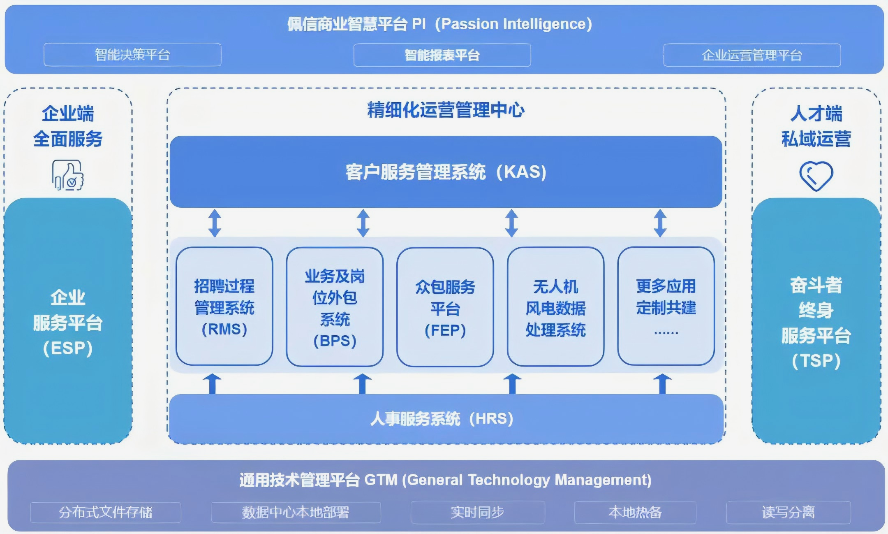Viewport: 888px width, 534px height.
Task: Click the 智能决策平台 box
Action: click(132, 55)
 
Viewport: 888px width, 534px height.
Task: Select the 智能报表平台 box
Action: click(442, 55)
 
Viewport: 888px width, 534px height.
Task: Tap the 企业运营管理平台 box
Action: click(752, 55)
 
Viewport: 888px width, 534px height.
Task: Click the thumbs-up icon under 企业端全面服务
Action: click(68, 175)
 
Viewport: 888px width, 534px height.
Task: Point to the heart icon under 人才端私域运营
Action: click(816, 176)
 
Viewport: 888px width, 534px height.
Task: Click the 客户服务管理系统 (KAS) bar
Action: click(446, 172)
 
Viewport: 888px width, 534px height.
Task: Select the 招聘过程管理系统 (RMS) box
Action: click(224, 306)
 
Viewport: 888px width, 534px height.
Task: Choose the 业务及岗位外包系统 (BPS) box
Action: click(335, 307)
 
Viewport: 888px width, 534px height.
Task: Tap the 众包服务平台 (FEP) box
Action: click(445, 307)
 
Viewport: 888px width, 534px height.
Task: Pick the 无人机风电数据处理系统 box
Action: click(556, 307)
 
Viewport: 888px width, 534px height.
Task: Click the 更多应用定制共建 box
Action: click(666, 306)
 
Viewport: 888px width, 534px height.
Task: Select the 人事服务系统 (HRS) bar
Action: click(446, 419)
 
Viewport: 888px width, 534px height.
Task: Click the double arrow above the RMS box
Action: click(215, 223)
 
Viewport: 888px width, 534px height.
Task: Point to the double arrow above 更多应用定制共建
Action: click(660, 223)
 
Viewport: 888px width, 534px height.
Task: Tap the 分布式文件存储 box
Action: click(106, 512)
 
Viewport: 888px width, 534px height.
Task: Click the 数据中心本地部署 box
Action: click(296, 512)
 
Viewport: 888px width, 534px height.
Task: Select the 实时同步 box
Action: click(478, 512)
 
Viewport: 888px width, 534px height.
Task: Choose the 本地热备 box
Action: click(635, 512)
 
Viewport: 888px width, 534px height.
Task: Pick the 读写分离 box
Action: click(789, 512)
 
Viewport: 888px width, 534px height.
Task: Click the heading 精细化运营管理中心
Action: click(446, 110)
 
